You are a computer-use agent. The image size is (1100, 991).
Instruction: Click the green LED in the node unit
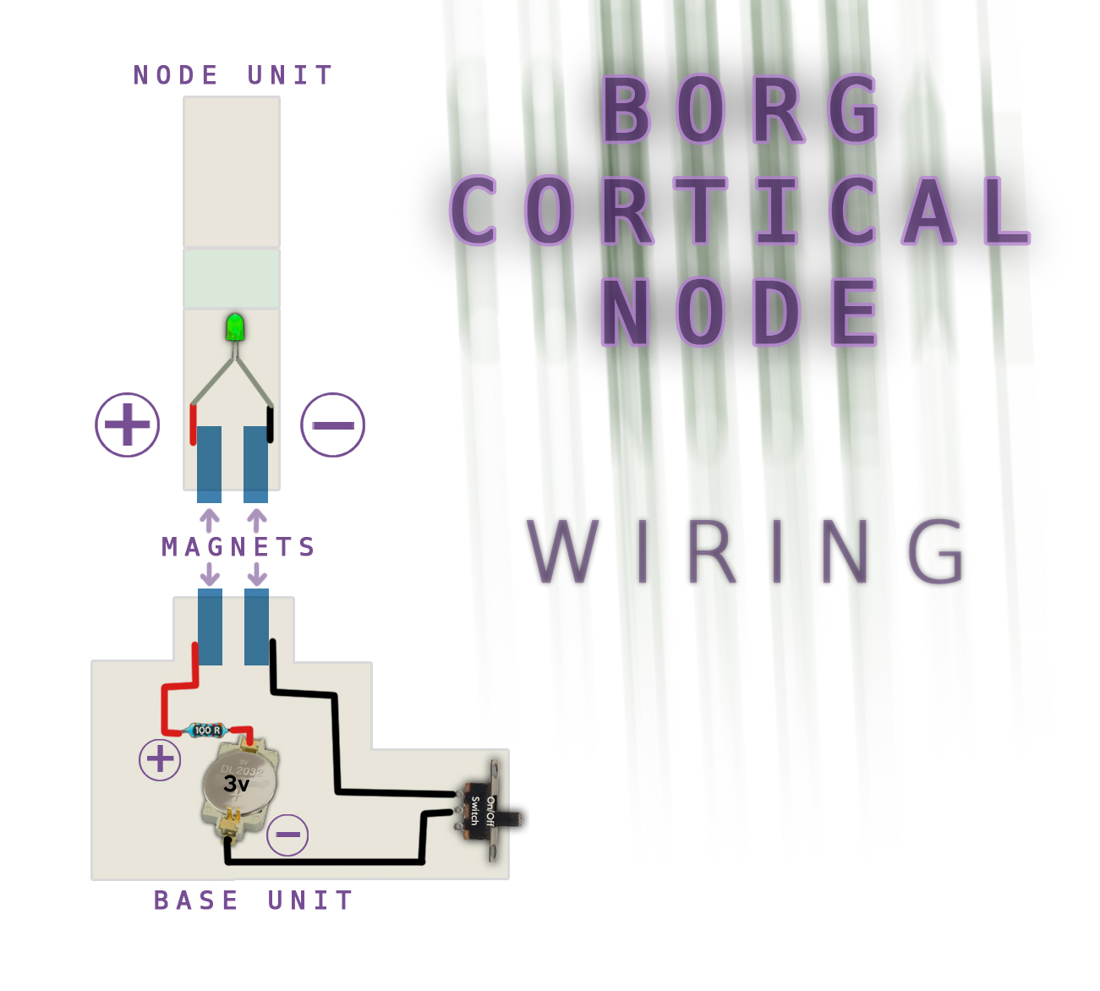235,327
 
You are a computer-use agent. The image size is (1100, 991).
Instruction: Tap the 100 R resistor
207,730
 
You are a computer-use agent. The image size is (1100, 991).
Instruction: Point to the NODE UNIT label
233,75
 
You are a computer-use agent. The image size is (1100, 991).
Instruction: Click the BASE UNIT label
253,901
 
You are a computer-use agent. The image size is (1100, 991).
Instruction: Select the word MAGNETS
238,547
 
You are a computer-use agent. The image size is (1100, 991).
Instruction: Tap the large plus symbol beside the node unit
128,424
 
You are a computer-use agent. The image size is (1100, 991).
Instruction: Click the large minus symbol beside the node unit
333,424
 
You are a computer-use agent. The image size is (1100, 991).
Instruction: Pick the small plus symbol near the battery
160,759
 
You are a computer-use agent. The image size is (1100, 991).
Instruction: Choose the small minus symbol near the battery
287,835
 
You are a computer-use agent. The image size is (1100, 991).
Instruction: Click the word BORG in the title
742,111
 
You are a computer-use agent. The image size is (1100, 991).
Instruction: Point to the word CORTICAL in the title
740,211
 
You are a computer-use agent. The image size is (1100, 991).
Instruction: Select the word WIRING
747,552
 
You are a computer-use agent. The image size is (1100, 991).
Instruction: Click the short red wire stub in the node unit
193,424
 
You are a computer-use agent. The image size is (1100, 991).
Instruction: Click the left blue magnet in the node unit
209,463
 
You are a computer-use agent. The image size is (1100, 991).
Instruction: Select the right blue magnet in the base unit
256,627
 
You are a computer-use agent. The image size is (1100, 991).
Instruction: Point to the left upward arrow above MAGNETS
210,518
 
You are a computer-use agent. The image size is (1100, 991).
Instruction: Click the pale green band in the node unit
232,278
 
